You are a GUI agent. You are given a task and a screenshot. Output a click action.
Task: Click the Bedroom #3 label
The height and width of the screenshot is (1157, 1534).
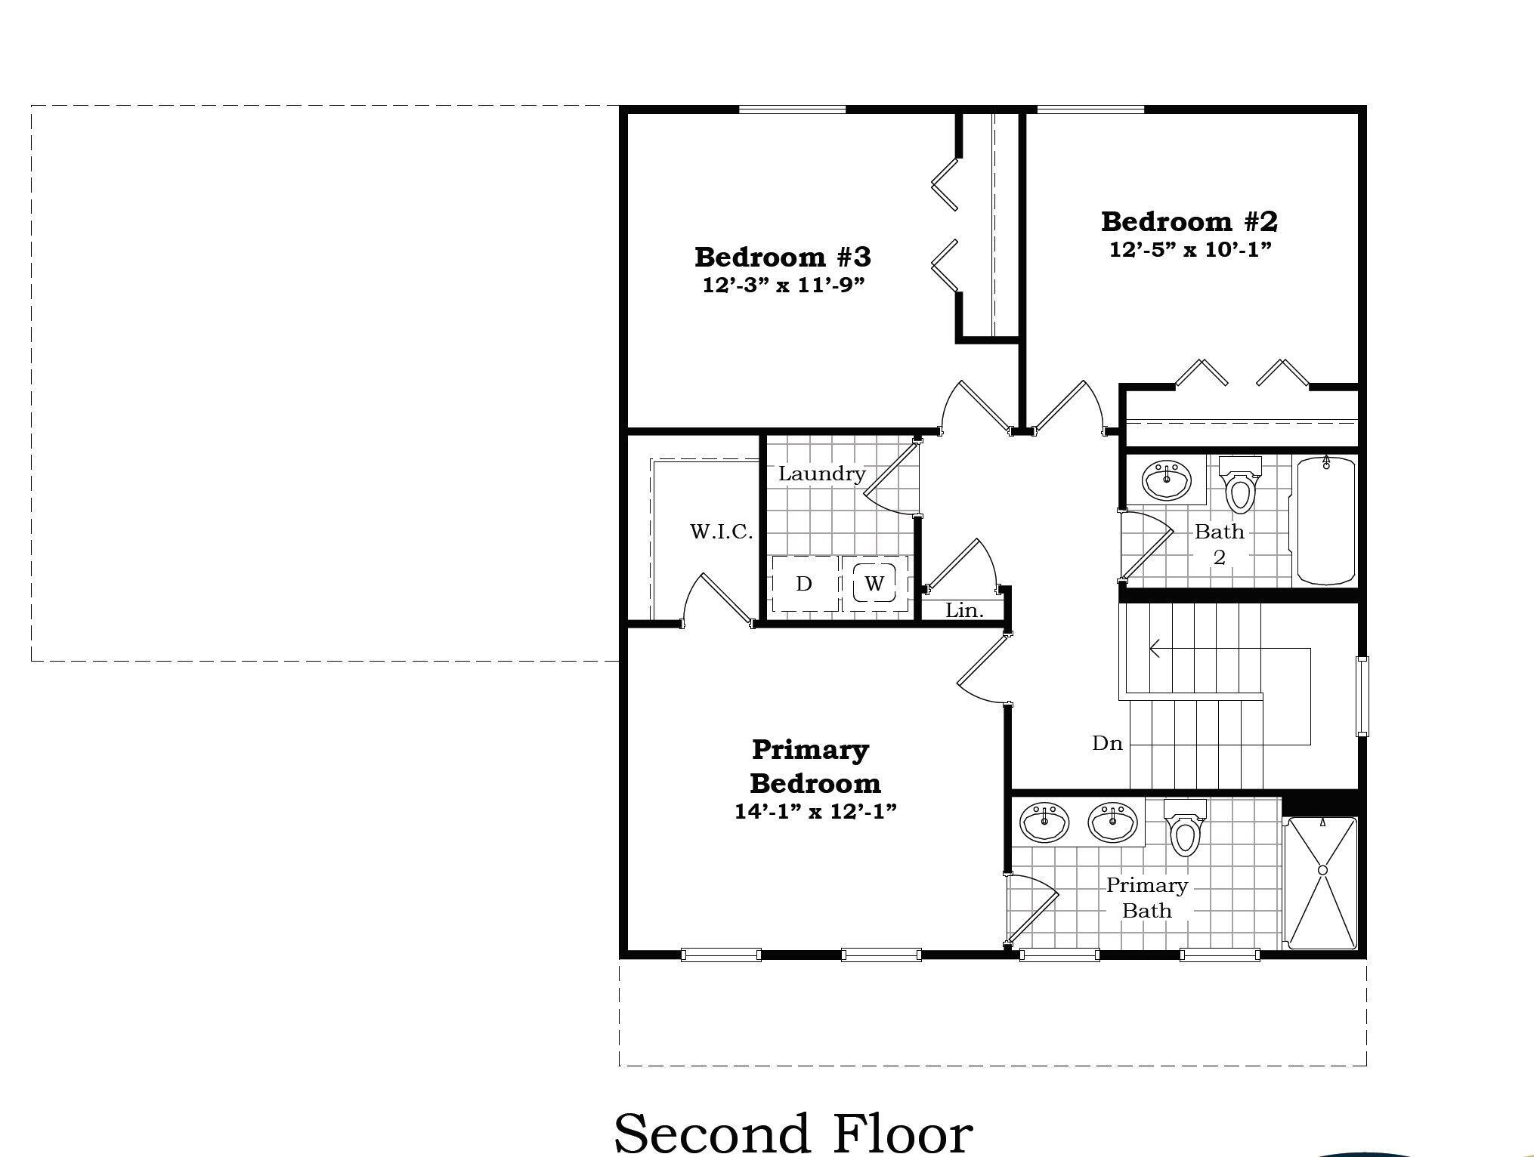782,257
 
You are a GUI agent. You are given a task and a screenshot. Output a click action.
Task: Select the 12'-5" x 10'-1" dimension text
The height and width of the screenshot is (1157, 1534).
1190,249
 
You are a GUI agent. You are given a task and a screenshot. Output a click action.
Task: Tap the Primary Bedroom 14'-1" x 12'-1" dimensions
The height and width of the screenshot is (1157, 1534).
815,811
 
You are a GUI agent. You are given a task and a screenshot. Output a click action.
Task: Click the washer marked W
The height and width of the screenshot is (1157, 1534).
874,583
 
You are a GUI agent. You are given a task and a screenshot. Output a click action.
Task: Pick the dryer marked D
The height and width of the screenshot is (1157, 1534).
804,583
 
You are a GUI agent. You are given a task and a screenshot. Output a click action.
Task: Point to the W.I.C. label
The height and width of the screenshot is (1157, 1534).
721,532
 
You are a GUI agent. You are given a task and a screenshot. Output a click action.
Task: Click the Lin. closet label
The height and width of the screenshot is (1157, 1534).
964,610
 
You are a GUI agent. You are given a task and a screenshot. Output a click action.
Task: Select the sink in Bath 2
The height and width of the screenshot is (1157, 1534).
1167,480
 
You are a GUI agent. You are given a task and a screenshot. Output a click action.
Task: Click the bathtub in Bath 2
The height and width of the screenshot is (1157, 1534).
1326,520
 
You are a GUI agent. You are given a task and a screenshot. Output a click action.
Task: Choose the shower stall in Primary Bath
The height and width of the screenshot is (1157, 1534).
1322,882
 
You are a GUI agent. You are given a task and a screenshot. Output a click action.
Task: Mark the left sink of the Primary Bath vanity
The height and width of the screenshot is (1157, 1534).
1044,822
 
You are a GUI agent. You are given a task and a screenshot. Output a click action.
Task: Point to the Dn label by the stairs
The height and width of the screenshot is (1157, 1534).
1107,744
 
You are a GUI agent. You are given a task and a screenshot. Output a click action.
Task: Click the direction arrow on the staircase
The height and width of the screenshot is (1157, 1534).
1155,648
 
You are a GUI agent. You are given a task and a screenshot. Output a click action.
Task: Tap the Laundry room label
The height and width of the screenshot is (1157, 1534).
821,474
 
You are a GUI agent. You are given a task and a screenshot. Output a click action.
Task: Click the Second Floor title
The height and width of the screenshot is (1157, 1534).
793,1131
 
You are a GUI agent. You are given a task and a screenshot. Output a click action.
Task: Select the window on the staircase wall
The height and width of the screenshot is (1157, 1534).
1362,696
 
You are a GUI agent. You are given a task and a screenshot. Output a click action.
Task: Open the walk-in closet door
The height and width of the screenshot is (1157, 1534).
718,600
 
